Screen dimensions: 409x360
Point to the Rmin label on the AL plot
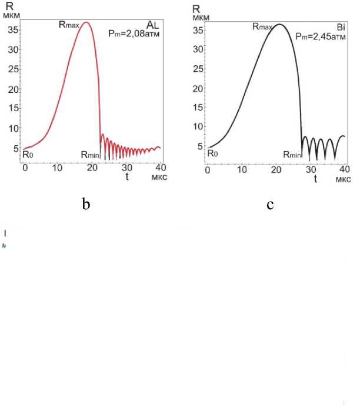coord(91,155)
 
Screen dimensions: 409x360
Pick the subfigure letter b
coord(86,204)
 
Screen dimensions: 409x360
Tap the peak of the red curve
coord(86,22)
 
